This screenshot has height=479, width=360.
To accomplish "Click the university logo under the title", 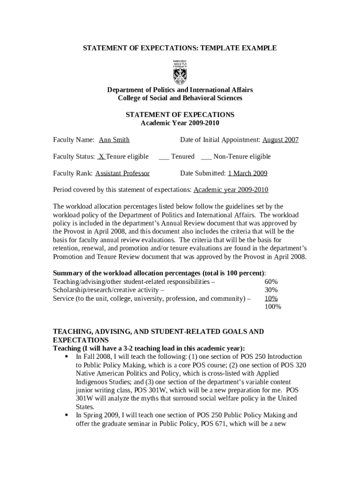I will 180,72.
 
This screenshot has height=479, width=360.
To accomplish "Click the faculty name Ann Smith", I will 114,140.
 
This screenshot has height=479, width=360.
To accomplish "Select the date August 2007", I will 280,140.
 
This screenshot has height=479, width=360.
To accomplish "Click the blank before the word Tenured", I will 164,157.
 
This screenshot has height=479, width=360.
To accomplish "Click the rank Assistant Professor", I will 122,174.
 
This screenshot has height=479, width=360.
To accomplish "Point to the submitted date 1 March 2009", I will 247,174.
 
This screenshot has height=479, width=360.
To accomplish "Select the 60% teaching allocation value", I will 271,282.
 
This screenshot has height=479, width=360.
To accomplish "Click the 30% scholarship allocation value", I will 271,290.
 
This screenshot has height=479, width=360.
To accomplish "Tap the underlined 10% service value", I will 271,298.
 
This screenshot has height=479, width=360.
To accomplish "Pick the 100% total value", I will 273,307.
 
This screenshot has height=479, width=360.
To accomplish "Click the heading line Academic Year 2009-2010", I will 180,123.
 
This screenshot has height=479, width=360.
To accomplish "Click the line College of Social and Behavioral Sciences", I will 180,98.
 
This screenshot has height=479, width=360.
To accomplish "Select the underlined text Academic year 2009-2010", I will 231,190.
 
